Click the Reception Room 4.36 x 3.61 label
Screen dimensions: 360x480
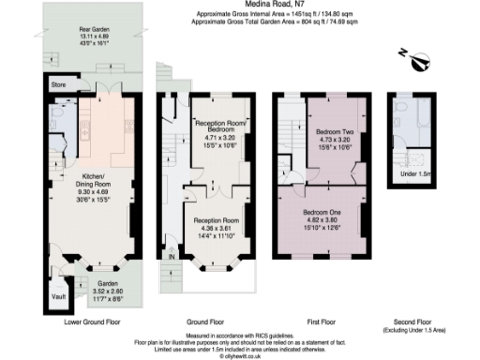pyautogui.click(x=217, y=226)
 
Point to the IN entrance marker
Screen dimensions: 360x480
pyautogui.click(x=171, y=256)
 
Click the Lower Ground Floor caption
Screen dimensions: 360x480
pyautogui.click(x=92, y=322)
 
